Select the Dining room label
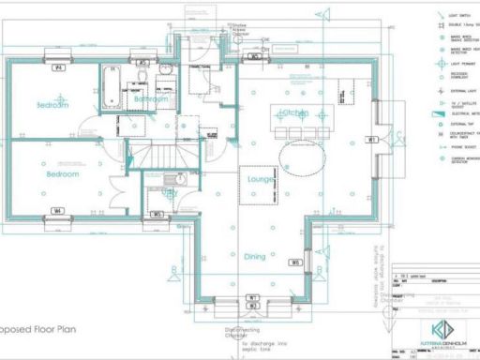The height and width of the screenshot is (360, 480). pyautogui.click(x=255, y=256)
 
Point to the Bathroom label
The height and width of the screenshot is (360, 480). pyautogui.click(x=150, y=98)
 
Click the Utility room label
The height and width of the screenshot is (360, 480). pyautogui.click(x=169, y=193)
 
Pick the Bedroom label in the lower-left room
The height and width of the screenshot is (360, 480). pyautogui.click(x=58, y=173)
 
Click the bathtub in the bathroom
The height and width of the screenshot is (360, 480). pyautogui.click(x=111, y=89)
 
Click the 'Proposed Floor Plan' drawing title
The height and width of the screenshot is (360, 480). pyautogui.click(x=37, y=331)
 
